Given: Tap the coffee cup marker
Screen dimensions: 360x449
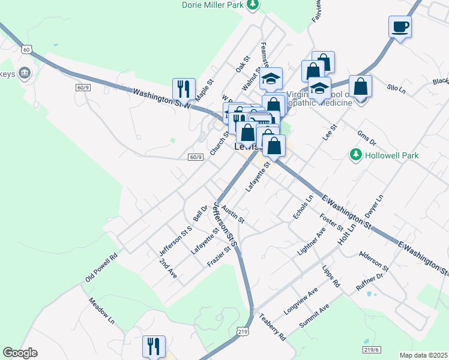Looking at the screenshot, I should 400,27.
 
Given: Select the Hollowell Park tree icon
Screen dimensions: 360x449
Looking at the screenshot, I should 356,155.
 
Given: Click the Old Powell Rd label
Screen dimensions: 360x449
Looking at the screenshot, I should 101,267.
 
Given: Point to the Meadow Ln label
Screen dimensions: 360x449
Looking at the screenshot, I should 101,309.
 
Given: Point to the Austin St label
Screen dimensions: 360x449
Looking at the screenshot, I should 233,214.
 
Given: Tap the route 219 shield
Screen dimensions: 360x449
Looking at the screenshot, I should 243,331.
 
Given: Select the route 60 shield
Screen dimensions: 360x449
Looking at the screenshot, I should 25,47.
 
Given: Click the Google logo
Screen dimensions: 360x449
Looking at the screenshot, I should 20,353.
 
